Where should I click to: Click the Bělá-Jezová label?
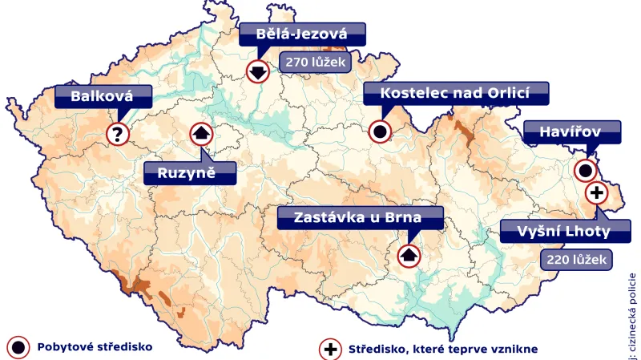pos(302,34)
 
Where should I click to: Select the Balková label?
pos(103,97)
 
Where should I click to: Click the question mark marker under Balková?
pos(118,134)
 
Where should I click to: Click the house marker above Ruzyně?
pos(200,133)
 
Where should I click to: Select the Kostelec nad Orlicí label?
pos(456,92)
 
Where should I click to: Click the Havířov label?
pos(571,131)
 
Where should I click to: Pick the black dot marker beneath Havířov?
pos(586,170)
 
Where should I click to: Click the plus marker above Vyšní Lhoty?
pos(596,192)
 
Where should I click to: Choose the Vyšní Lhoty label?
pos(562,232)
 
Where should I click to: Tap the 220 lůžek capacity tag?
pos(576,259)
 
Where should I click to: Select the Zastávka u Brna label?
pos(358,217)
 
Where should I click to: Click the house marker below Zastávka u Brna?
pos(409,257)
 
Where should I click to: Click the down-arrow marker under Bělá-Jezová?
pos(257,71)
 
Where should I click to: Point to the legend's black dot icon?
pos(17,348)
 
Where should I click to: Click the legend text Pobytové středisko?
pos(95,348)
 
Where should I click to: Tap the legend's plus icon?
pos(329,349)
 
